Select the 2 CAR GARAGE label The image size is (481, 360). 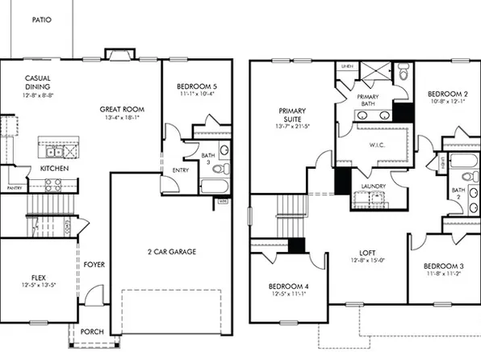[171, 251]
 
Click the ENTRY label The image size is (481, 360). [181, 170]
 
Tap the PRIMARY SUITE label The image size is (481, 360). [292, 116]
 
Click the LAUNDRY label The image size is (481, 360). [374, 186]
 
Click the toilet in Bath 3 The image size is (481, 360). [224, 150]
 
